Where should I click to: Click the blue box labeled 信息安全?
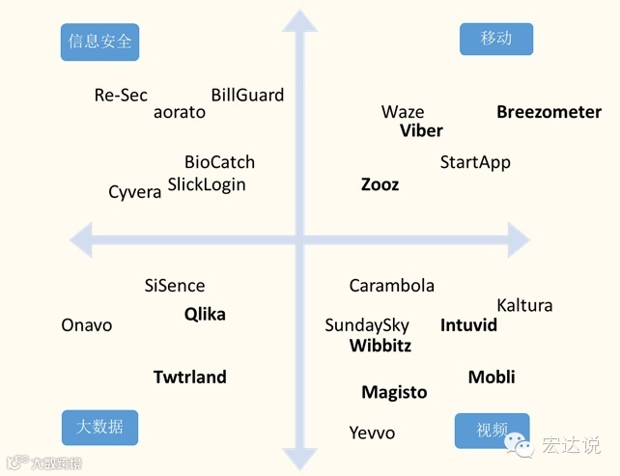click(99, 42)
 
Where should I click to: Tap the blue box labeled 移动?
click(496, 39)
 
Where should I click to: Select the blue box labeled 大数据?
click(100, 426)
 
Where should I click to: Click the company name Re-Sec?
click(121, 95)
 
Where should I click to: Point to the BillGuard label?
click(247, 95)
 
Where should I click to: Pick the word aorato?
click(180, 112)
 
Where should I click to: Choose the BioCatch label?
click(219, 162)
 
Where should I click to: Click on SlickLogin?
click(207, 184)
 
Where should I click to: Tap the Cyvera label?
click(135, 193)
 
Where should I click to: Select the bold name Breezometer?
click(549, 112)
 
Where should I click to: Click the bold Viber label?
click(421, 130)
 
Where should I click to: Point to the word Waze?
click(403, 112)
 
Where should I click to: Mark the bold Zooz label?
click(380, 184)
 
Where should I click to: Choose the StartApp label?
click(475, 162)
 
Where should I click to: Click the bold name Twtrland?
click(190, 377)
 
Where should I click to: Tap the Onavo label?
click(87, 325)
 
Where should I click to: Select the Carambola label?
click(392, 286)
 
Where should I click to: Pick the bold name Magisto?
click(394, 392)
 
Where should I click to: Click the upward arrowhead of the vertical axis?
click(300, 22)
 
